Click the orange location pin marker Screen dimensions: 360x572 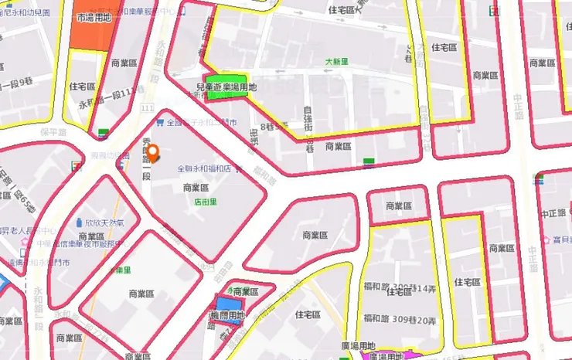coord(152,153)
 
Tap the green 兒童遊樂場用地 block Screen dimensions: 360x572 coord(226,88)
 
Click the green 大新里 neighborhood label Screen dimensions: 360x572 coord(337,61)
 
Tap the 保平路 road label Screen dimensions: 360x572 coord(54,132)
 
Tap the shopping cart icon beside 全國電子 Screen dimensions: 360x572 coord(160,121)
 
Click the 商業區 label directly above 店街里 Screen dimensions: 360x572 coord(196,188)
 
